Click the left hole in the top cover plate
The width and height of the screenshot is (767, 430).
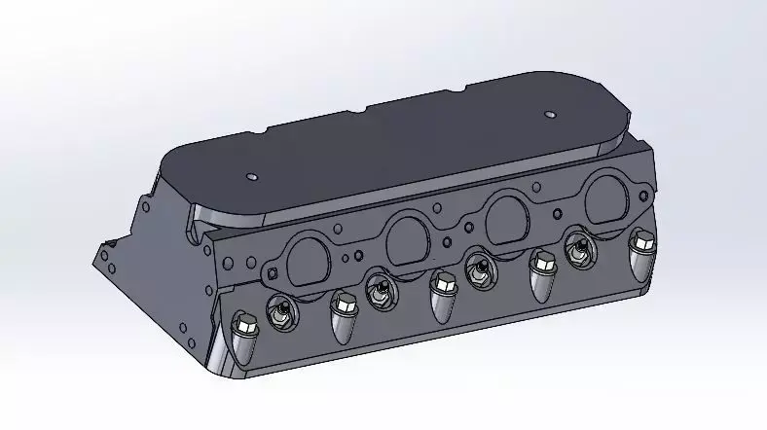(x=252, y=178)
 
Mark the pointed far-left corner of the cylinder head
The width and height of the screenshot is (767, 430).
(x=101, y=255)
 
